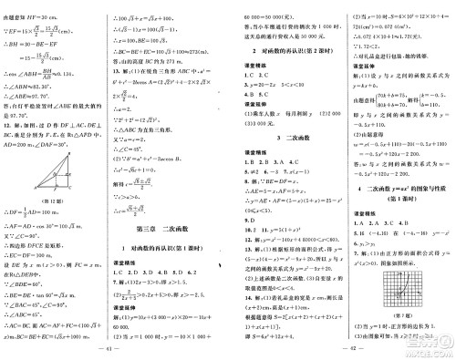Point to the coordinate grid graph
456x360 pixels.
397,291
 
